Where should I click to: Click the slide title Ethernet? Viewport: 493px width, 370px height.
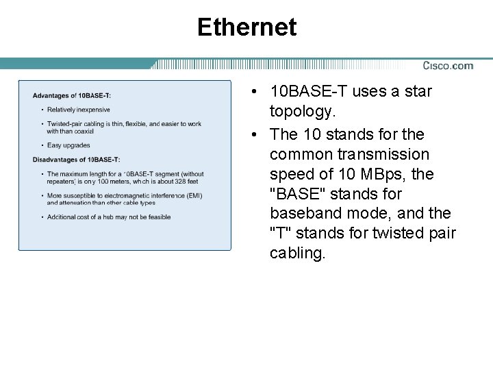pyautogui.click(x=246, y=27)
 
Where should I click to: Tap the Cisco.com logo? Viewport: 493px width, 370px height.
pyautogui.click(x=448, y=66)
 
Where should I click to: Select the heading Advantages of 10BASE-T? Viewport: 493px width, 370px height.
pyautogui.click(x=72, y=95)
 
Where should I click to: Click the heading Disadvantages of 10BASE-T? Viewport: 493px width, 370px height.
pyautogui.click(x=77, y=160)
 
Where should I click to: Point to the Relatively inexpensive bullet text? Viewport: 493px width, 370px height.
pyautogui.click(x=78, y=110)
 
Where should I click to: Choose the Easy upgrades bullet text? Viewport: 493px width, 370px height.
pyautogui.click(x=68, y=145)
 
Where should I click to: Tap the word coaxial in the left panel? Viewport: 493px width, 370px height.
pyautogui.click(x=80, y=131)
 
